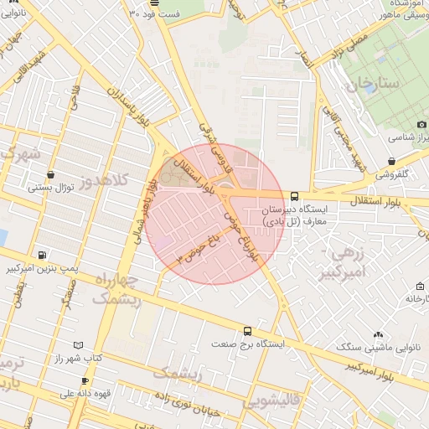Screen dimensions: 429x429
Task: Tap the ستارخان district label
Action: coord(353,85)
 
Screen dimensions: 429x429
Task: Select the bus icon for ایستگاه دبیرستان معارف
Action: coord(293,195)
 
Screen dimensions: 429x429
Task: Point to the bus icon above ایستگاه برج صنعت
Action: coord(246,331)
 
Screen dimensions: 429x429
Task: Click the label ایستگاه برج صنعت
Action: coord(248,344)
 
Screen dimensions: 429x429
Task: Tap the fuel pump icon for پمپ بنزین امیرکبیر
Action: coord(42,255)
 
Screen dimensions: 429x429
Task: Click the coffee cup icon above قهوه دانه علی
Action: coord(85,380)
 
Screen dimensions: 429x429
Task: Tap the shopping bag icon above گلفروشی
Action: coord(392,161)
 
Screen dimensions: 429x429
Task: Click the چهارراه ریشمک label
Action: coord(112,288)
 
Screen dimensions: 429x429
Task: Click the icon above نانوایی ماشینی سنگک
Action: coord(377,333)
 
